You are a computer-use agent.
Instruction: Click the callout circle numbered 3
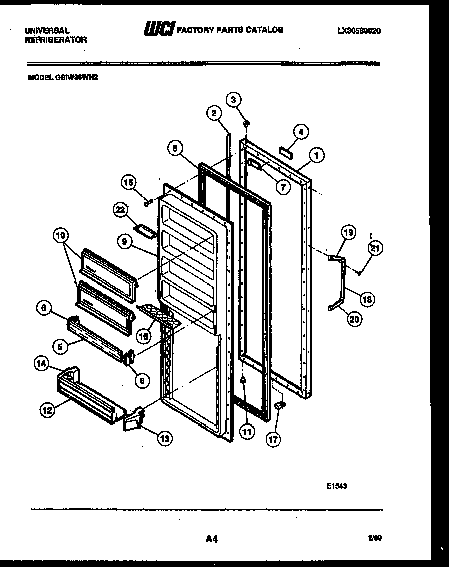coord(233,100)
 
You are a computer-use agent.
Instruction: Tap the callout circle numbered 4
coord(301,132)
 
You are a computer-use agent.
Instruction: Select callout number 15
coord(129,182)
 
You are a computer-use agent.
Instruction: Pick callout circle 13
coord(164,439)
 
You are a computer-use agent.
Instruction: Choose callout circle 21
coord(375,247)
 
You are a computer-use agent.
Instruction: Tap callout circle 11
coord(247,431)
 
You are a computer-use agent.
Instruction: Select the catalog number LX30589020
coord(359,31)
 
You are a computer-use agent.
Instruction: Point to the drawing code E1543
coord(337,486)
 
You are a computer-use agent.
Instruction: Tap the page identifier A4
coord(211,539)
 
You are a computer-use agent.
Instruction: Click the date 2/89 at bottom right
coord(375,537)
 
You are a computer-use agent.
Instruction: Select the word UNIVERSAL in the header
coord(47,31)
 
